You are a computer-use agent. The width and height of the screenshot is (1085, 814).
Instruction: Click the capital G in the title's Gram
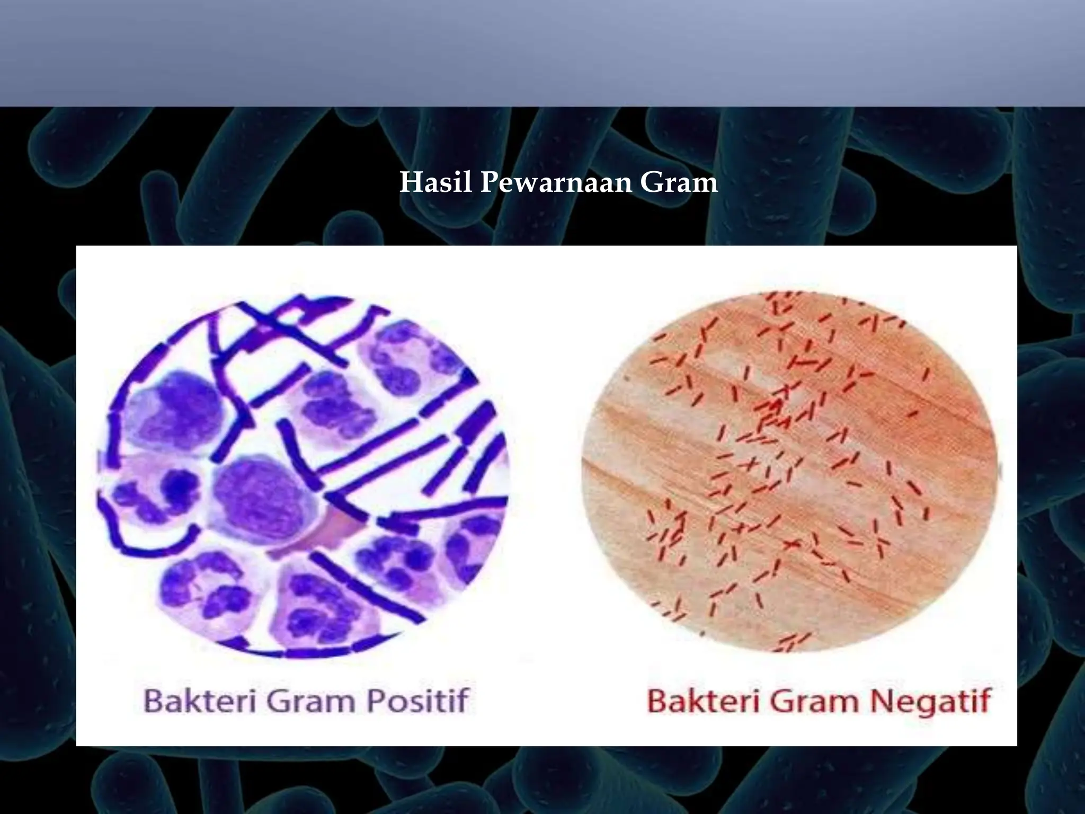point(651,183)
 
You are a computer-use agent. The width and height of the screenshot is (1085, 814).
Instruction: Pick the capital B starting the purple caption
point(154,701)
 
